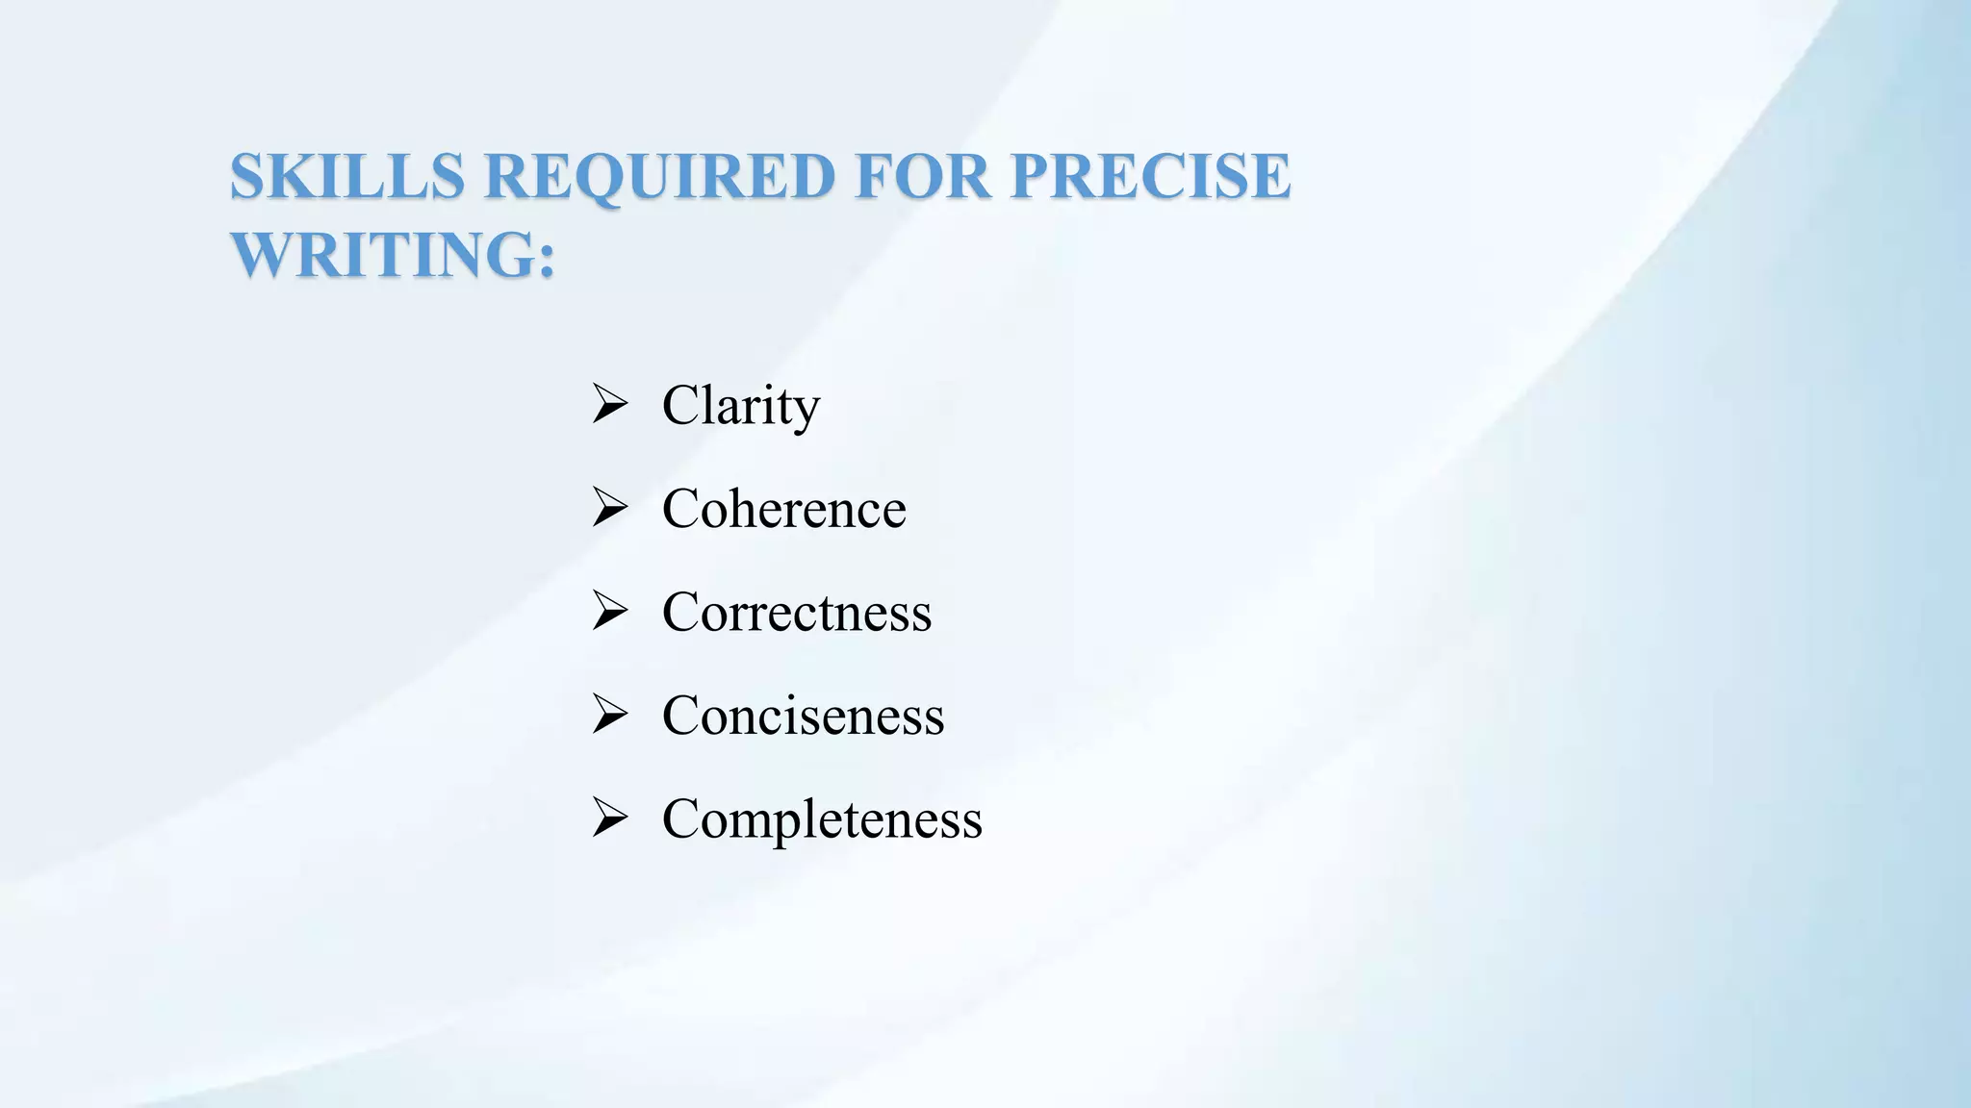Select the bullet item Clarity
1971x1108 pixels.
coord(741,405)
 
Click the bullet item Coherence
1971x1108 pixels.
coord(783,509)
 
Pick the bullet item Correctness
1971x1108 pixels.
coord(797,613)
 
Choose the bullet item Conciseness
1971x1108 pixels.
coord(803,717)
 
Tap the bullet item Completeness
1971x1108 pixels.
coord(822,820)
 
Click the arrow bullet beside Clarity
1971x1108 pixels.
coord(610,404)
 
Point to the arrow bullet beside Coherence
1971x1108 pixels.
coord(610,508)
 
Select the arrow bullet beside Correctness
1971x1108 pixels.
coord(610,612)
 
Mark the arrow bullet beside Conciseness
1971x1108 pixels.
coord(610,715)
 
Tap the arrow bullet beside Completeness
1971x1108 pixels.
coord(610,818)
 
